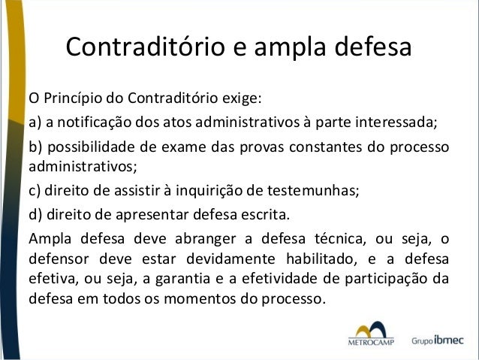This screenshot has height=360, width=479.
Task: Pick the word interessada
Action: (x=391, y=123)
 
